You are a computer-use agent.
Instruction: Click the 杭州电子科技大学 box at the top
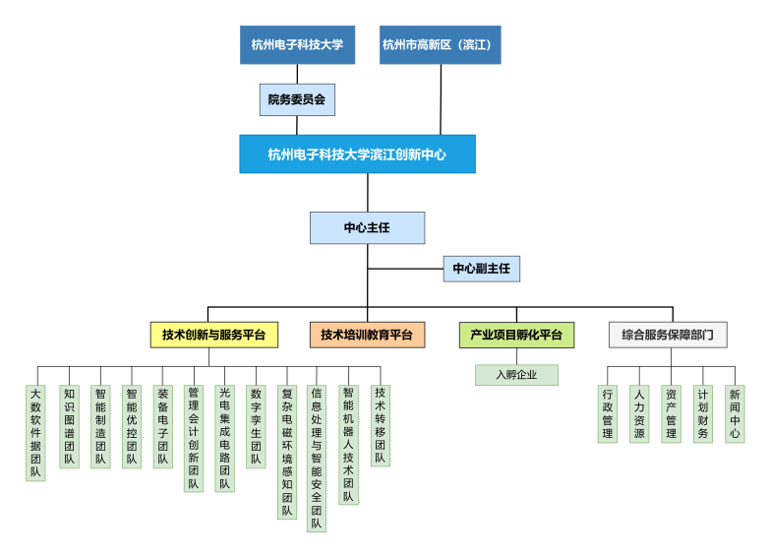[x=297, y=44]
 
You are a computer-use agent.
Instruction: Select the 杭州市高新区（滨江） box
[x=440, y=44]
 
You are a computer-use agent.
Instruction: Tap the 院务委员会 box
[x=297, y=99]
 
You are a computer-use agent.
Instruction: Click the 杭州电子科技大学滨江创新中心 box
[x=357, y=155]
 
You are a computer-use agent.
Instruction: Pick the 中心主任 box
[x=367, y=227]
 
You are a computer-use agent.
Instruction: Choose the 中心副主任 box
[x=481, y=268]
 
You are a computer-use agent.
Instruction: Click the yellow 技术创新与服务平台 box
[x=213, y=335]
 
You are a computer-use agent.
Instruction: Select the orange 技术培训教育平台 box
[x=367, y=335]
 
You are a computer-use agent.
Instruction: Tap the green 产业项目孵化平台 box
[x=516, y=335]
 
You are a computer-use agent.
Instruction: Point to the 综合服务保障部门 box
[x=668, y=335]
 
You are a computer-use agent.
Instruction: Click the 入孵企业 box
[x=516, y=375]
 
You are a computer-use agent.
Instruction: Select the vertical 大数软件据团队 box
[x=36, y=432]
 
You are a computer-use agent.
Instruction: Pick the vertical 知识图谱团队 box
[x=69, y=426]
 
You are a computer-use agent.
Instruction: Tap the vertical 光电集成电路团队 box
[x=224, y=438]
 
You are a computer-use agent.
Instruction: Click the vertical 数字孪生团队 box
[x=256, y=426]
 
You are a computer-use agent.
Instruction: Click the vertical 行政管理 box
[x=608, y=413]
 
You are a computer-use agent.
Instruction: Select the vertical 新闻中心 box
[x=735, y=413]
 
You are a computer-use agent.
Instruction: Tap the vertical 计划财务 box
[x=702, y=413]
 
